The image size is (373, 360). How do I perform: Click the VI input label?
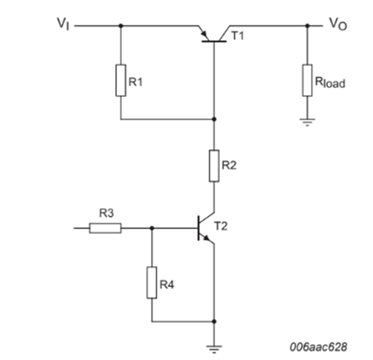[60, 24]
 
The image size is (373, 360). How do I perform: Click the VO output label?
[337, 23]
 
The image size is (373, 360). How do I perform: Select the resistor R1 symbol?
[120, 81]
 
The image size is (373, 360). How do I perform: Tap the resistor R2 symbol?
[214, 166]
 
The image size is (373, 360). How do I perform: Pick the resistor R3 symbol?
[105, 227]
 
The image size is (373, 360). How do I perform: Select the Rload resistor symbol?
[309, 82]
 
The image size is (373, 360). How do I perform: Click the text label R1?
[136, 82]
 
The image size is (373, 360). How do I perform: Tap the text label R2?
[230, 166]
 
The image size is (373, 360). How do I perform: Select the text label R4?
[167, 285]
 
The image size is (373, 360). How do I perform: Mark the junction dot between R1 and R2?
[214, 119]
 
